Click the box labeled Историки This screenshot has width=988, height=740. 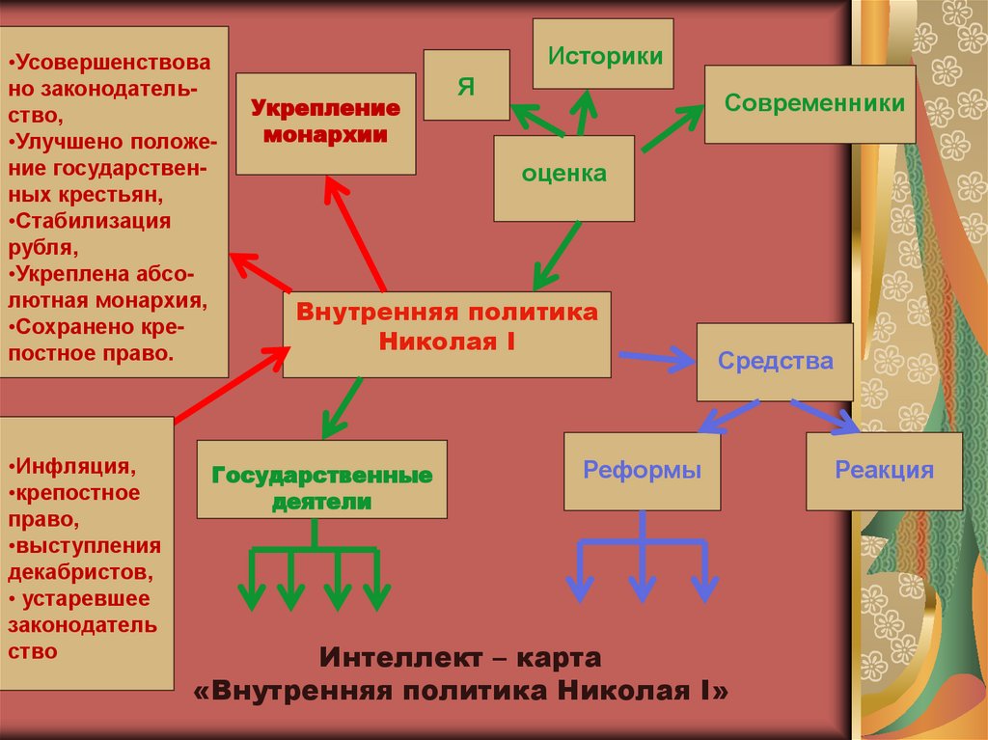603,55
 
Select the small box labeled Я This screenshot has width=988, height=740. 466,85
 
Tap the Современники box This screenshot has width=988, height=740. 810,104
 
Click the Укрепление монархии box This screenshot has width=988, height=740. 325,123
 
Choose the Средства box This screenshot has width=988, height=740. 775,362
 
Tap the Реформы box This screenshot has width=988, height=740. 642,471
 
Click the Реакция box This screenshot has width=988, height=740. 884,471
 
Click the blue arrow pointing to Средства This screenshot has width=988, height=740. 657,360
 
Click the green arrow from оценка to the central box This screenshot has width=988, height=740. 558,254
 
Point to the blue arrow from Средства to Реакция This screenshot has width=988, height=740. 825,412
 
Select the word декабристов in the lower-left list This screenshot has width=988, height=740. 80,571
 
